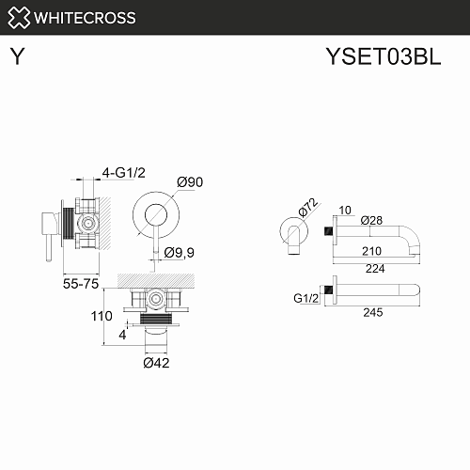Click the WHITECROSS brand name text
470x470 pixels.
pos(85,18)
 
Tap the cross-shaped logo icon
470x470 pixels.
pos(19,18)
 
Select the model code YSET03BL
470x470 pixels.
pos(384,56)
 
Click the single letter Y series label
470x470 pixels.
pos(17,56)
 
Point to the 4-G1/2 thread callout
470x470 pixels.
pos(124,173)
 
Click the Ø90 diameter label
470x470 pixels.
pos(190,182)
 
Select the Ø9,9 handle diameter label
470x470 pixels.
pos(180,253)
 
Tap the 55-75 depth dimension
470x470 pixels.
pos(81,284)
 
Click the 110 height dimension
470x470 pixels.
pos(102,316)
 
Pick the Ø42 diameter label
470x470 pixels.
pos(156,363)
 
